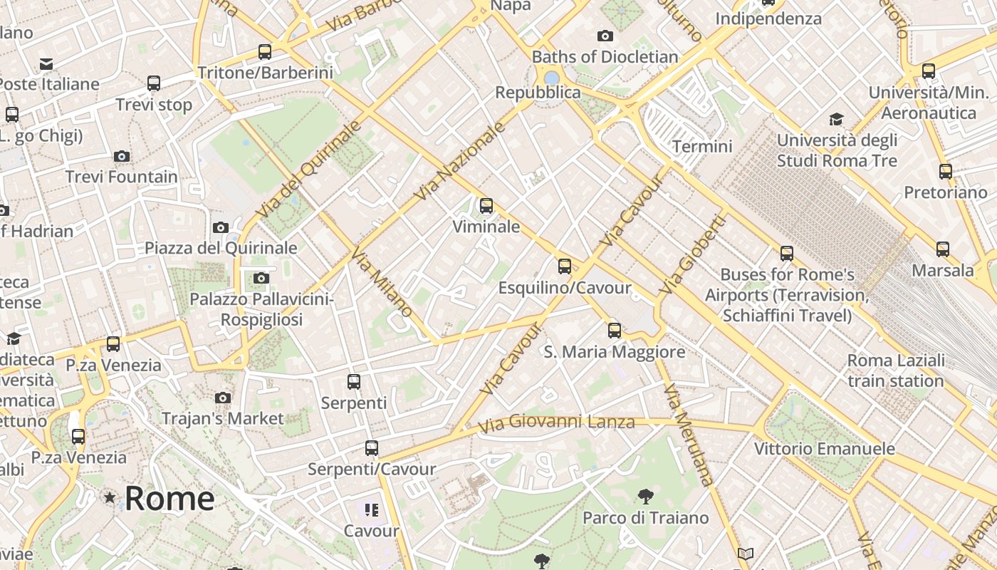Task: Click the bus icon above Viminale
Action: (x=486, y=206)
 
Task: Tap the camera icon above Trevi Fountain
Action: (x=122, y=156)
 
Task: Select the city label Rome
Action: (x=169, y=498)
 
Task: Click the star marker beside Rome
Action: (x=110, y=497)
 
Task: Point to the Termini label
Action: (x=702, y=146)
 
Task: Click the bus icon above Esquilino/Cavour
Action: (x=565, y=266)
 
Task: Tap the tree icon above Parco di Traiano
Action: (x=646, y=496)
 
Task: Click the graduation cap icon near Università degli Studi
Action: (x=836, y=119)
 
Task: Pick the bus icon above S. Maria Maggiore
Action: (x=615, y=331)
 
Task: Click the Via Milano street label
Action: (x=382, y=284)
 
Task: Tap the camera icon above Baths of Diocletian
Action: (x=605, y=36)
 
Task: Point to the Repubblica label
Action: (x=538, y=93)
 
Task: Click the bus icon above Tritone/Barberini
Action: (x=265, y=51)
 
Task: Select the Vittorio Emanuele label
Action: (x=824, y=449)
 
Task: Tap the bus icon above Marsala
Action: (x=943, y=249)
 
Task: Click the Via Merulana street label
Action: (x=687, y=434)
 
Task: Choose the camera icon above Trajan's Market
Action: (x=223, y=398)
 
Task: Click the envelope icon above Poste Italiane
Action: (x=46, y=64)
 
